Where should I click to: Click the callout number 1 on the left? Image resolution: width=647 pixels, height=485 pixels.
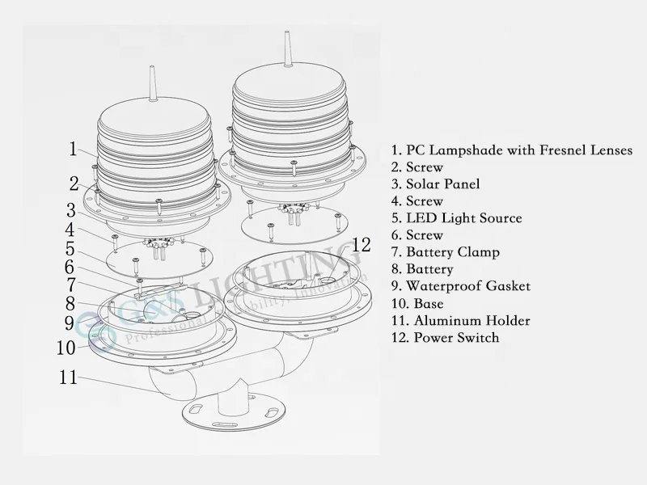point(73,149)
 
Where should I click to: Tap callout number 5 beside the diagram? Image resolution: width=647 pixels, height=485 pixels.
point(70,249)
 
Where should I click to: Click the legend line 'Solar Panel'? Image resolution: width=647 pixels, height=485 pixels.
point(435,184)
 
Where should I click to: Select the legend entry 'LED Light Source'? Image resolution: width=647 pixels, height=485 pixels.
point(456,218)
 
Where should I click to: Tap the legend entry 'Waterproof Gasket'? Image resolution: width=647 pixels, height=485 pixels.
point(460,286)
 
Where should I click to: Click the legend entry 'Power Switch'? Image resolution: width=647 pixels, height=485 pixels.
point(445,338)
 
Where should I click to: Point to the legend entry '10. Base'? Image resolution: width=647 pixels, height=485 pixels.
point(417,304)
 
